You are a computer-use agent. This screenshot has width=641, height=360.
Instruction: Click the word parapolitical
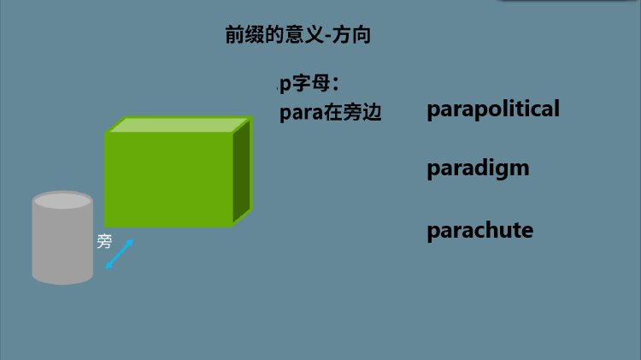click(493, 109)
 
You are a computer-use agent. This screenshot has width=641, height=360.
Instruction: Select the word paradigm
click(478, 168)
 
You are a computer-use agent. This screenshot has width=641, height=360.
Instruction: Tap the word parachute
click(479, 231)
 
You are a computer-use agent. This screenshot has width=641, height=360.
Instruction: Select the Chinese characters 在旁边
click(352, 114)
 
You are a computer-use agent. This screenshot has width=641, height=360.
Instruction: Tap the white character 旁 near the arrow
click(104, 242)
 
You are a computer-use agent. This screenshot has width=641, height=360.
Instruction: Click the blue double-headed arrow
click(120, 254)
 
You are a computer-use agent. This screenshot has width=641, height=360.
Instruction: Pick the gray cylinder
click(62, 244)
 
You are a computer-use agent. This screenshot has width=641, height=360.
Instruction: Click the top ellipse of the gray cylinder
click(62, 202)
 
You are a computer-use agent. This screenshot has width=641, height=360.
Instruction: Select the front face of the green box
click(168, 180)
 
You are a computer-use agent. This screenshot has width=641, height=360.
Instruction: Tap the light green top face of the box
click(179, 125)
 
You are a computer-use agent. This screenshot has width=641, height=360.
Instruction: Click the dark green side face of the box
click(242, 171)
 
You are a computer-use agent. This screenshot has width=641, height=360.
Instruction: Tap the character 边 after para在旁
click(372, 114)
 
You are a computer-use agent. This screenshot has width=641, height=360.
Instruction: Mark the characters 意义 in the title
click(306, 36)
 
